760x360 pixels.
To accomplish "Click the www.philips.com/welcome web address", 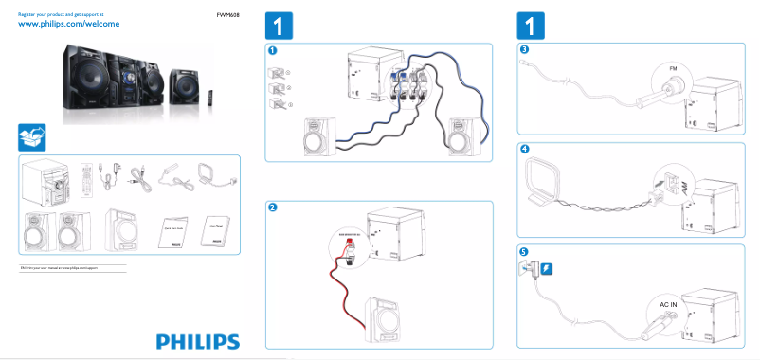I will tap(69, 25).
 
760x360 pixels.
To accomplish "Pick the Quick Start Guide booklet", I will tap(172, 228).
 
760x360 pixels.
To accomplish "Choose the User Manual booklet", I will tap(217, 228).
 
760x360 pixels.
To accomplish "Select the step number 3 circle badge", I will tap(524, 50).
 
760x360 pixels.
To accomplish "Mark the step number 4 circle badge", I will tap(524, 150).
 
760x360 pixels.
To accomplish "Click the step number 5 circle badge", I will tap(524, 250).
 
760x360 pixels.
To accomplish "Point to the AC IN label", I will tap(669, 305).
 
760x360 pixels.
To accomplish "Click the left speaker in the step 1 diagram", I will tap(318, 138).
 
